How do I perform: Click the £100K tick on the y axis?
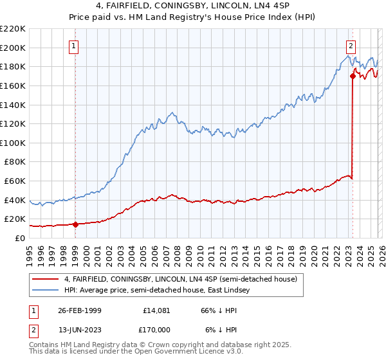(13, 143)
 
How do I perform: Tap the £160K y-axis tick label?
(13, 85)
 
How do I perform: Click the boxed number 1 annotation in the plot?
(75, 46)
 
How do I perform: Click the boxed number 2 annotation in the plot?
(351, 46)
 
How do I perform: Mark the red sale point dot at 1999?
(76, 224)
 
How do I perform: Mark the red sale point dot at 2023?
(353, 76)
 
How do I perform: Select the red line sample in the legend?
(46, 279)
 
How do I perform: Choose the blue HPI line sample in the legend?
(46, 291)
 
